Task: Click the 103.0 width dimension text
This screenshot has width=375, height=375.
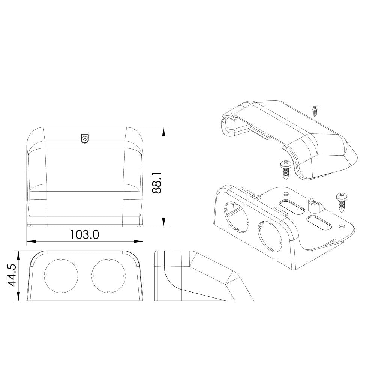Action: (84, 235)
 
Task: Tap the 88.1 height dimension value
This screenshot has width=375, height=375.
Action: (157, 183)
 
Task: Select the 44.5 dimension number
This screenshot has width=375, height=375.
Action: (11, 275)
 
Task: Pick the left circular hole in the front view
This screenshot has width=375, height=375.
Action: (61, 275)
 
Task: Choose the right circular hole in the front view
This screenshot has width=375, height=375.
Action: (108, 275)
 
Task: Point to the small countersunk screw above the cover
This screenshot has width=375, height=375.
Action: (314, 111)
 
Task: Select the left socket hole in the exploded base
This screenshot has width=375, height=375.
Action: (236, 217)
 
